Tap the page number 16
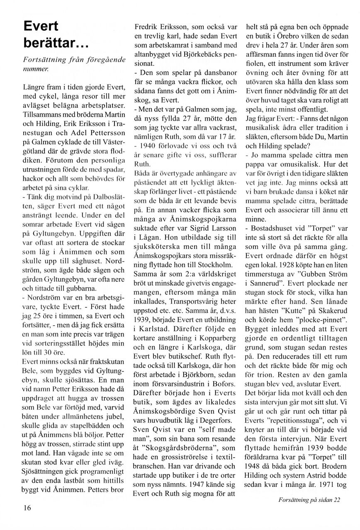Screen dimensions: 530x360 [x=27, y=508]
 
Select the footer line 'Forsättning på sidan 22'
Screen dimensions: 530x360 [x=309, y=499]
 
